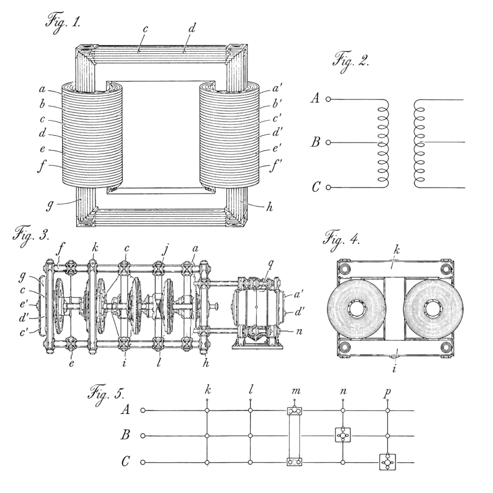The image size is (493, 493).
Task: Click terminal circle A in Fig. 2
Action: [328, 99]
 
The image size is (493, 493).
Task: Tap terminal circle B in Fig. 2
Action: [328, 143]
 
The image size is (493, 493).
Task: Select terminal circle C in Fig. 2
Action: [328, 187]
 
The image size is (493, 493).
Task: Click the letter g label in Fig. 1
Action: [50, 206]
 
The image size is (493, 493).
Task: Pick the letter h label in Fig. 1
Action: [270, 207]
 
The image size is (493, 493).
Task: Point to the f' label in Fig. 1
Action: [275, 166]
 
